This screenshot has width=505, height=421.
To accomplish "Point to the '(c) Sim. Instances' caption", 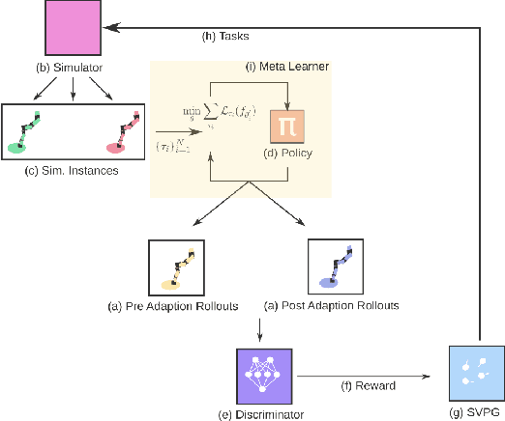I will pos(74,172).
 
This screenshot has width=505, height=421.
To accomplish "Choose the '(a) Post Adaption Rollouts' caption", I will pos(332,306).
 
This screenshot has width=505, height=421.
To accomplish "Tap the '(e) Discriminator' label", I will pos(264,413).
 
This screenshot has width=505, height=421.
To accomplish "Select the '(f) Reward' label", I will pos(367,385).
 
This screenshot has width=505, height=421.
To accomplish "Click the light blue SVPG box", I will pos(477,373).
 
